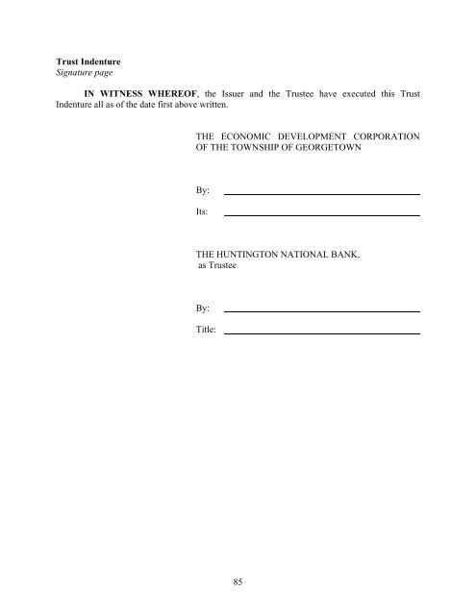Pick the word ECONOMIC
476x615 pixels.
click(249, 137)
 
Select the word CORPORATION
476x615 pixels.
click(391, 137)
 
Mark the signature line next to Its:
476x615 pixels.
click(322, 214)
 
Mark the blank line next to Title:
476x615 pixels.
click(322, 332)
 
